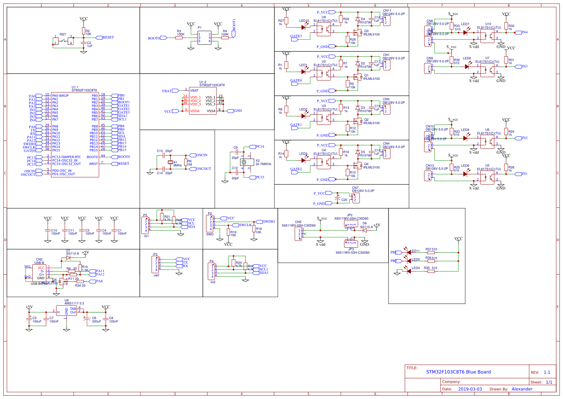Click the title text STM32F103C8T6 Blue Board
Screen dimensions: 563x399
[x=458, y=372]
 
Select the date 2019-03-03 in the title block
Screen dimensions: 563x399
[x=470, y=389]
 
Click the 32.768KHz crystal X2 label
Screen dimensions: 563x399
[x=263, y=164]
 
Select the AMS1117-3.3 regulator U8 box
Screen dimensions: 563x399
[x=66, y=311]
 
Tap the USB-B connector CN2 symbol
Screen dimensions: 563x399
[x=39, y=273]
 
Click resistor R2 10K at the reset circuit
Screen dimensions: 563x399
[x=83, y=31]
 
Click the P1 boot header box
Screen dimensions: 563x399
[x=204, y=38]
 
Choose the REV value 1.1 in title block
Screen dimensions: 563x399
[x=547, y=372]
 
